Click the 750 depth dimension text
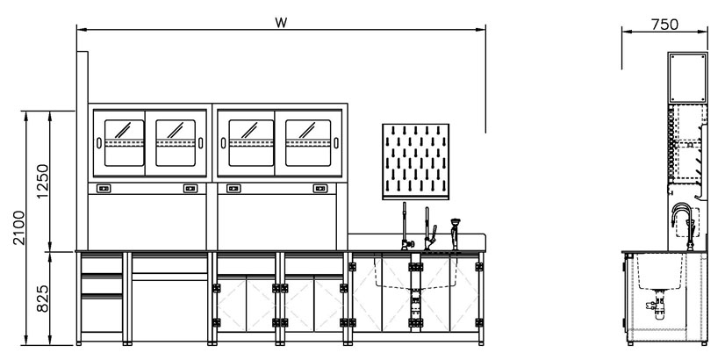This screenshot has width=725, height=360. coord(665,24)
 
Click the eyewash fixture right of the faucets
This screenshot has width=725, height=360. coord(455,232)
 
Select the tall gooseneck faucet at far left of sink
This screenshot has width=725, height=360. coord(405,225)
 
